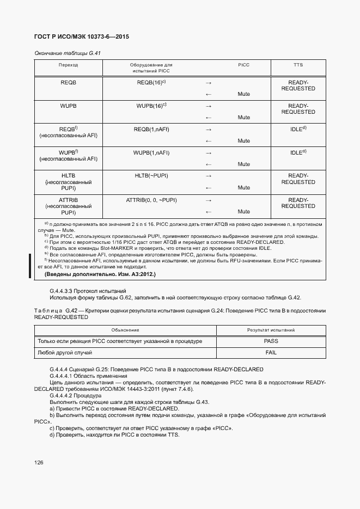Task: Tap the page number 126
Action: point(39,463)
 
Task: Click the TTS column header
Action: point(298,65)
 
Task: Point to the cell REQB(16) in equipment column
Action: point(151,82)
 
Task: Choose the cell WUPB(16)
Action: point(151,106)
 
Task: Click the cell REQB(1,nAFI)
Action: point(151,129)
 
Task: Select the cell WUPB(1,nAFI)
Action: point(151,152)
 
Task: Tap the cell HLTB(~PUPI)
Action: point(151,176)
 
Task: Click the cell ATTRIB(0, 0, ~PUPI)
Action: point(151,200)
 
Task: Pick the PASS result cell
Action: point(271,341)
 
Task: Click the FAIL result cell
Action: point(271,353)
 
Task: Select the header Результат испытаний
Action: point(271,330)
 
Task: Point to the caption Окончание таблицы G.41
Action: point(68,53)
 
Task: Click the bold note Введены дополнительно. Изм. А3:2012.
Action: point(100,275)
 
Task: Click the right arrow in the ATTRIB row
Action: point(208,200)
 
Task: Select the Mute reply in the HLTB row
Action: point(243,188)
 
